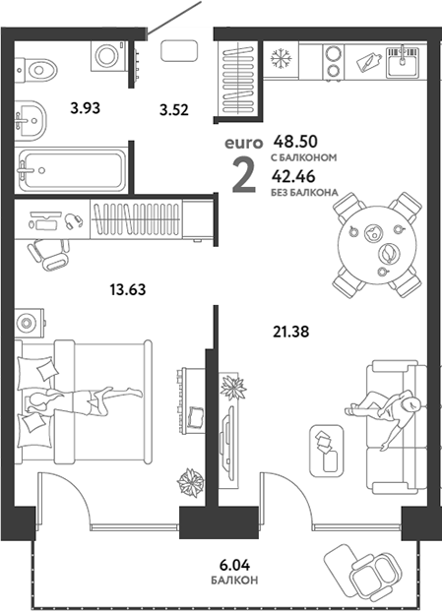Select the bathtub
pos(71,170)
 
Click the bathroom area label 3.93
pos(86,108)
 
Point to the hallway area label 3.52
pos(174,110)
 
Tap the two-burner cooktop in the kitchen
pos(334,61)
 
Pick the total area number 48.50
pos(295,142)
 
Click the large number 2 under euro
pos(244,175)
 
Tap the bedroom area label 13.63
pos(128,290)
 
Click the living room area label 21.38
pos(290,332)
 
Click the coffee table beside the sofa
pos(327,451)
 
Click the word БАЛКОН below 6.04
pos(234,580)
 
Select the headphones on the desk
pos(74,221)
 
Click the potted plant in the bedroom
pos(191,482)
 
